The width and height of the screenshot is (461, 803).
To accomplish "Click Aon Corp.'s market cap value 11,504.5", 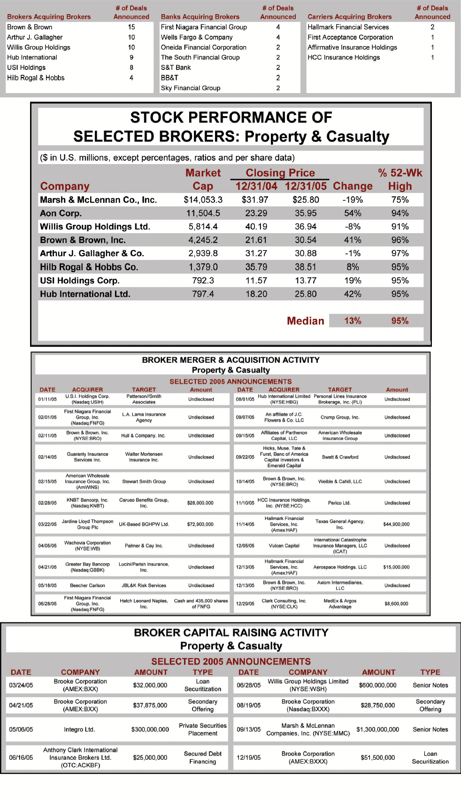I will coord(203,213).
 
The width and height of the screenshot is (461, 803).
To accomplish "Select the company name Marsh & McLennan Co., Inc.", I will coord(98,200).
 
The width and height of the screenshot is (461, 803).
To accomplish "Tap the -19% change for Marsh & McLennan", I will coord(353,200).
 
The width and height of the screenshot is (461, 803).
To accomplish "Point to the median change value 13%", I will coord(353,321).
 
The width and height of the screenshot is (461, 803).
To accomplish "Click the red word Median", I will coord(305,321).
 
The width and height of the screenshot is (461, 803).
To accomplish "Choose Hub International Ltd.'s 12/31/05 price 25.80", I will coord(306,294).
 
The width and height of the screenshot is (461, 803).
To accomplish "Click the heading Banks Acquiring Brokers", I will coord(200,17).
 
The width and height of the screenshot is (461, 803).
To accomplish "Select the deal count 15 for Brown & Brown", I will coord(131,27).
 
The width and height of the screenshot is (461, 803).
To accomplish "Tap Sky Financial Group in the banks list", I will coord(191,88).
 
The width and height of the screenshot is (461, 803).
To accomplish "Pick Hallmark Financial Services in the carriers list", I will coord(348,27).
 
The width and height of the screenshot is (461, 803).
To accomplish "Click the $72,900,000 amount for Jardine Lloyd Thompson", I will coord(200,524).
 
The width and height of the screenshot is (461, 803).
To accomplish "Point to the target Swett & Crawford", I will coord(340,457).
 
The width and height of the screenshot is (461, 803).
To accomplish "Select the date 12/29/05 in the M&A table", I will coord(245,604).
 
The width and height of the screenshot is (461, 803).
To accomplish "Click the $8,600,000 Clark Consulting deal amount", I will coord(396,604).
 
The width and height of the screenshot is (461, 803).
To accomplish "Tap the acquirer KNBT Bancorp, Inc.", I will coord(87,503).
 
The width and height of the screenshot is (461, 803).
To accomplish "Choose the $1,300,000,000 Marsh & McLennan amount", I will coord(377,730).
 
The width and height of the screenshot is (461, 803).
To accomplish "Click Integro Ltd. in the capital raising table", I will coord(79,730).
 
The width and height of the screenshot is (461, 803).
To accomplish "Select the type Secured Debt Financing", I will coord(202,757).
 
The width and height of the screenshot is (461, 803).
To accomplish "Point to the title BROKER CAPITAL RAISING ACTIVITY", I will coord(231,633).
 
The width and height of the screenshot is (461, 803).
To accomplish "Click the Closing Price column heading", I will coord(280,173).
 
